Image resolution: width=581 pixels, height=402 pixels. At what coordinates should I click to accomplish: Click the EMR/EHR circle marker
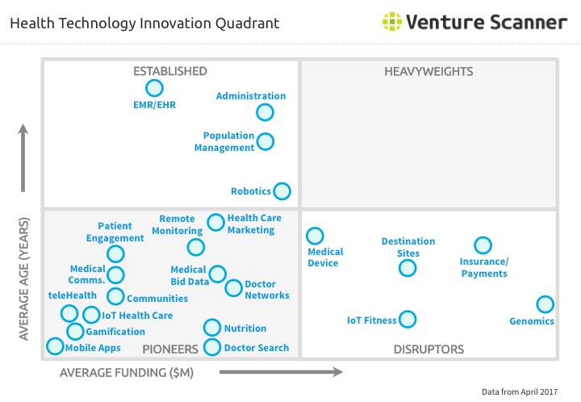153,88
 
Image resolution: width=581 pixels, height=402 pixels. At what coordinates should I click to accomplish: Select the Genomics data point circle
545,304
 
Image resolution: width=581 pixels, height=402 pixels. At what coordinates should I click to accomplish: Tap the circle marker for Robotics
282,191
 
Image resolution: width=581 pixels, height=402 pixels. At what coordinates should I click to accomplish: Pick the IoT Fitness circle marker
408,320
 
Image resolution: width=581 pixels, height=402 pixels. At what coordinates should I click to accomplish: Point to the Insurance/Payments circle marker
483,245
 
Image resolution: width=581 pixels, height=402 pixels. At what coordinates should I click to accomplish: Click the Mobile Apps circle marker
55,346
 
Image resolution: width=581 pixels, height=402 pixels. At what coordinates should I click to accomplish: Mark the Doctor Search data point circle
211,347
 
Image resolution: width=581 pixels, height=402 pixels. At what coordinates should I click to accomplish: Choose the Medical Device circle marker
315,236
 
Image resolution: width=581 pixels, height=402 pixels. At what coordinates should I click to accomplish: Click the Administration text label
251,97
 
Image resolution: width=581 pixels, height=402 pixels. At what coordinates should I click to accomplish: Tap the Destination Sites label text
408,247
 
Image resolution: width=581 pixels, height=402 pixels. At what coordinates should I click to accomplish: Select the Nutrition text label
245,329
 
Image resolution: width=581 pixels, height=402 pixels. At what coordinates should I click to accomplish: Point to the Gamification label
115,332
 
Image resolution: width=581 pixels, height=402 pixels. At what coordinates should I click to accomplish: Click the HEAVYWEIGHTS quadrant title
428,72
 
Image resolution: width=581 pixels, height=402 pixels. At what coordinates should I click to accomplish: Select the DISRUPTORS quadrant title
428,350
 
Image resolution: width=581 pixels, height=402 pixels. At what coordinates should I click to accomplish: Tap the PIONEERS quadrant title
170,350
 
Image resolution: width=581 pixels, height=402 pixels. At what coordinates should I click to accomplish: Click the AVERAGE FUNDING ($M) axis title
127,373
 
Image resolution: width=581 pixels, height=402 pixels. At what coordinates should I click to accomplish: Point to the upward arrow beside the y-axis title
23,158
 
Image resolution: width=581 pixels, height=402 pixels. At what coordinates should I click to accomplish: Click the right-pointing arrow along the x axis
280,372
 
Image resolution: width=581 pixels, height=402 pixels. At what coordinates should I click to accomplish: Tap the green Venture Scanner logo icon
392,22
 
